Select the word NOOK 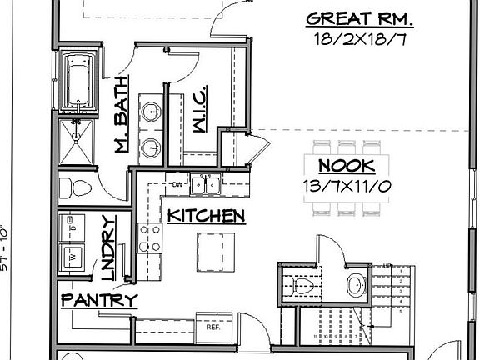tap(348, 165)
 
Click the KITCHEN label tap(207, 216)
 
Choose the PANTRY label tap(98, 299)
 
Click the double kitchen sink tap(204, 185)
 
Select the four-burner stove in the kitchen tap(150, 237)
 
